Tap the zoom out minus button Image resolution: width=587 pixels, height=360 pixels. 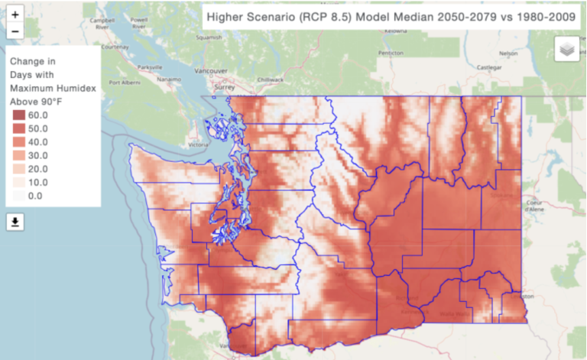(15, 31)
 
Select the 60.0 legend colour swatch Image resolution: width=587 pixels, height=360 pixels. (18, 115)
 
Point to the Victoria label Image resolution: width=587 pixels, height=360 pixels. (197, 144)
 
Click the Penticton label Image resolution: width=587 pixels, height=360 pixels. (391, 54)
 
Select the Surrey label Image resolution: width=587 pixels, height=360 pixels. (224, 87)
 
